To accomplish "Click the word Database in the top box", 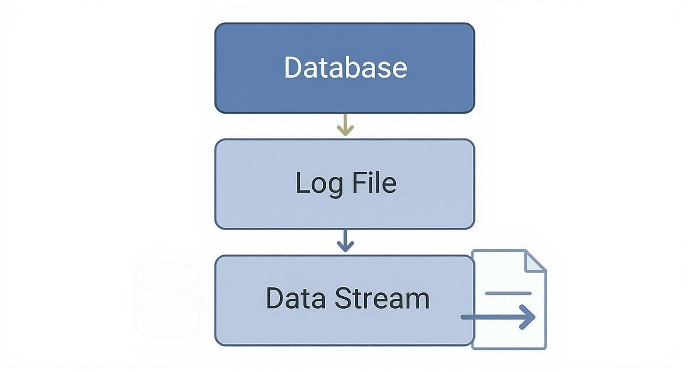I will click(x=345, y=67).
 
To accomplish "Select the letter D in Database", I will click(x=293, y=67).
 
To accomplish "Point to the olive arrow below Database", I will click(x=345, y=125).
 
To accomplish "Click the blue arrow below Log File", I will click(x=345, y=241).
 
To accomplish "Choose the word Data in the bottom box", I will click(x=296, y=298).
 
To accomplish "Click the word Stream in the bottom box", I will click(x=382, y=298).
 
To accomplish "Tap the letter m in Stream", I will click(x=418, y=300).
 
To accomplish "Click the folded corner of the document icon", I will click(x=535, y=261).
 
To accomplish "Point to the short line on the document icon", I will click(x=508, y=293).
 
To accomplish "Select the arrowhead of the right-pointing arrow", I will click(x=528, y=317).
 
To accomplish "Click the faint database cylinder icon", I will click(x=168, y=300).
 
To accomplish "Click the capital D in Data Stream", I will click(x=275, y=298).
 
